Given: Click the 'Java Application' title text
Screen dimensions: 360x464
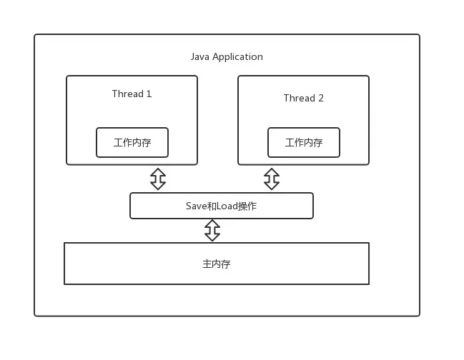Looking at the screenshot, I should [227, 56].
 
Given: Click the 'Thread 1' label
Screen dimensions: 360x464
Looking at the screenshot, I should [132, 94].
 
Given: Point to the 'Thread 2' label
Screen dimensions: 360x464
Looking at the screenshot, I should [303, 98].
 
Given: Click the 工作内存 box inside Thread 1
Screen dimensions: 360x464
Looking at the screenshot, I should [132, 142].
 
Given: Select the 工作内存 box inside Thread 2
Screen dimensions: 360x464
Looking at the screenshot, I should [304, 142].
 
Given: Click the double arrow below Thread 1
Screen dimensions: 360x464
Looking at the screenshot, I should [158, 179].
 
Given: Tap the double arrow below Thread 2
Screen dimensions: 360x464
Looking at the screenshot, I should [272, 179].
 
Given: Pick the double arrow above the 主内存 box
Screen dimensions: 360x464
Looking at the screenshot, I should [212, 230].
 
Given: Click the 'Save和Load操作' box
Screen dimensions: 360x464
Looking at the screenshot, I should [221, 206].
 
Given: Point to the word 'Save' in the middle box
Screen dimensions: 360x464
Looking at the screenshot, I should [196, 206].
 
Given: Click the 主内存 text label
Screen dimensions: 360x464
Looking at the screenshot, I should [216, 264].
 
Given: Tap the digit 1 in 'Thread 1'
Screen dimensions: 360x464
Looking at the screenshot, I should [149, 94].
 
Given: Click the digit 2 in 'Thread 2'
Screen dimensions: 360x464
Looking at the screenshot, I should [320, 98].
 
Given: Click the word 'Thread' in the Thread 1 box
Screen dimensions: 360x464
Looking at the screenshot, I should [127, 94].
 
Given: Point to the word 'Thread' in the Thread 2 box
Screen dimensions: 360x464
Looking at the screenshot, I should [299, 98].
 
